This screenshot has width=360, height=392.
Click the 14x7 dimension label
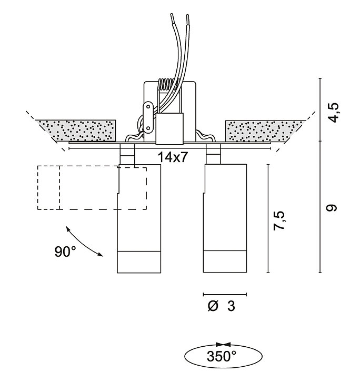173,157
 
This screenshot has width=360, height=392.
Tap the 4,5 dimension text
334,112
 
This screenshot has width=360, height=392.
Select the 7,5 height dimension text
279,220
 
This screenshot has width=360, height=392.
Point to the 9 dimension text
332,208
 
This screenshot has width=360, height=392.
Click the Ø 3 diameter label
221,306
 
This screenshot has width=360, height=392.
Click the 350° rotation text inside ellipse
221,356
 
